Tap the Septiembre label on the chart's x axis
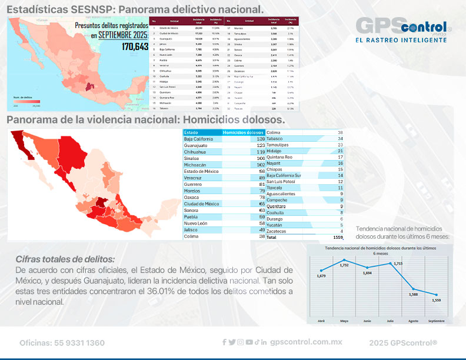click(x=437, y=321)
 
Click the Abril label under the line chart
click(x=321, y=321)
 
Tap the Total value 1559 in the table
click(x=337, y=237)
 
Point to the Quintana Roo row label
click(x=283, y=157)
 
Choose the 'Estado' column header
click(x=192, y=132)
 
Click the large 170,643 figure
click(x=135, y=46)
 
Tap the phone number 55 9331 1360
click(x=62, y=343)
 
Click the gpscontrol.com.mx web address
click(x=306, y=342)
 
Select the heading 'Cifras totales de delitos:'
click(x=65, y=259)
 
